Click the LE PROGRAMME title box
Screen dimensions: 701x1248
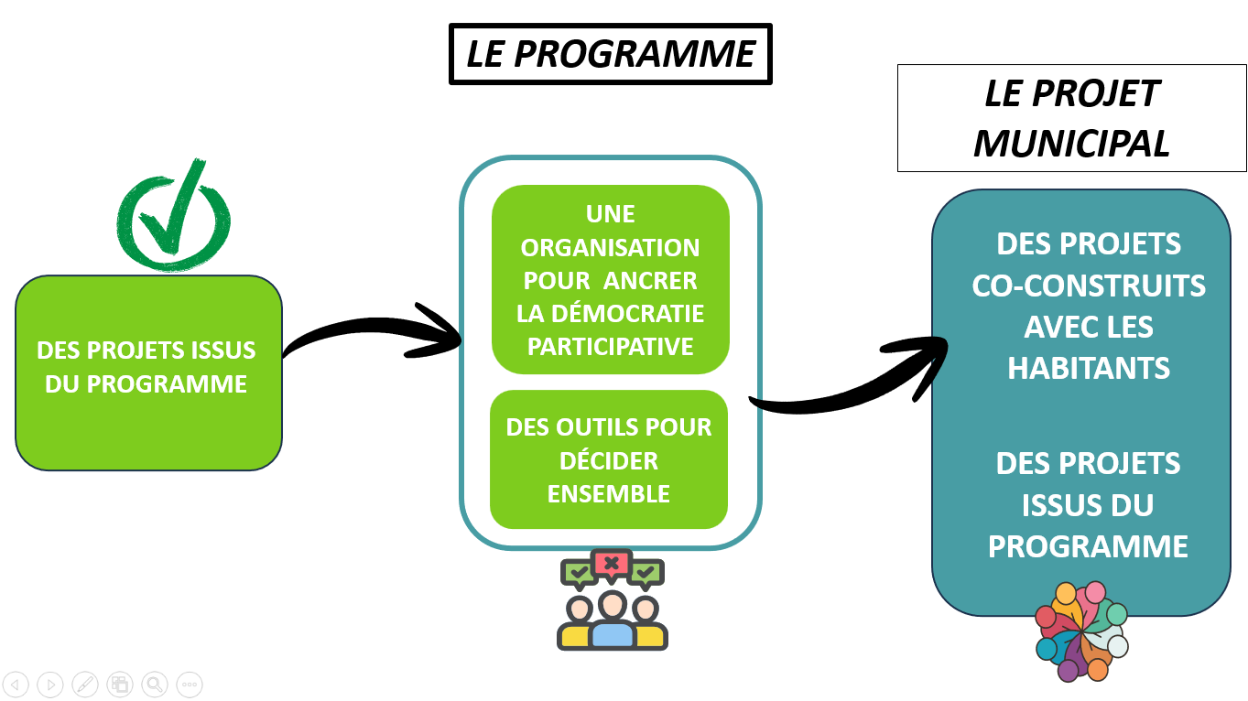tap(611, 55)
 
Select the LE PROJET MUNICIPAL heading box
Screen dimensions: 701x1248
tap(1071, 118)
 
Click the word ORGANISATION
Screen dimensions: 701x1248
tap(610, 248)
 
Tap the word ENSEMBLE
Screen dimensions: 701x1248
tap(609, 494)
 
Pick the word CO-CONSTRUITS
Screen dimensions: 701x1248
tap(1089, 286)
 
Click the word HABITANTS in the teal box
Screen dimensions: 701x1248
tap(1089, 369)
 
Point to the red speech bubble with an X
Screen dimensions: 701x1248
tap(611, 563)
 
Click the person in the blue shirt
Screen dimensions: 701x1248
tap(612, 622)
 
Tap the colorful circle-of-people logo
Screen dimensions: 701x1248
tap(1081, 631)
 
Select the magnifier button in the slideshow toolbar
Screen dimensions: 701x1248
tap(154, 684)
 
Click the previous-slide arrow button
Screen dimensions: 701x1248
tap(16, 684)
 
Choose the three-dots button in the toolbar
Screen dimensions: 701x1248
tap(190, 684)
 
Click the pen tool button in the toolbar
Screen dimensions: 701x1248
tap(84, 684)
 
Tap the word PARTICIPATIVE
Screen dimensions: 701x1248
tap(611, 347)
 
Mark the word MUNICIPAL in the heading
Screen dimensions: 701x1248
tap(1071, 144)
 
